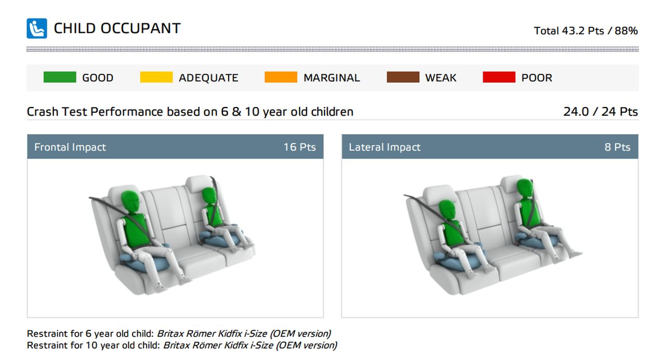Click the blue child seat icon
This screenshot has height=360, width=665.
tap(37, 29)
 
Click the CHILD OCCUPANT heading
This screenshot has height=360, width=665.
tap(117, 29)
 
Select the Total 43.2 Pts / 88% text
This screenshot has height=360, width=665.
tap(586, 31)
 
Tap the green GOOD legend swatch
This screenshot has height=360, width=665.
tap(60, 77)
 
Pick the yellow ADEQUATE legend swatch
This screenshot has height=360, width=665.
tap(156, 77)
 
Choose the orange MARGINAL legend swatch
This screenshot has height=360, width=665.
tap(281, 77)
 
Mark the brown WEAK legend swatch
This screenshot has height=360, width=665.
tap(403, 77)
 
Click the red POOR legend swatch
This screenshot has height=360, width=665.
tap(499, 77)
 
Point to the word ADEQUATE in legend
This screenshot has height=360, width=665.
tap(208, 78)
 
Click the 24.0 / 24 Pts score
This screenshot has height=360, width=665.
tap(600, 112)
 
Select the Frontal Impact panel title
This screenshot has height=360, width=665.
tap(70, 147)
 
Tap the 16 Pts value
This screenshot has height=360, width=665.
tap(300, 147)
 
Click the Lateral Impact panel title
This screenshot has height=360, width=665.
tap(384, 147)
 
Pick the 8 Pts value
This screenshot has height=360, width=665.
tap(618, 147)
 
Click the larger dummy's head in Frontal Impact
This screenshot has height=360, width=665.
tap(130, 202)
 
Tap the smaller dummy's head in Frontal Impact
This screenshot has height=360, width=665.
tap(209, 196)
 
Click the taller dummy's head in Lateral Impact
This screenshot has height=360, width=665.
tap(525, 190)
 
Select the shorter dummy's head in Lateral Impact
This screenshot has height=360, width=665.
tap(447, 210)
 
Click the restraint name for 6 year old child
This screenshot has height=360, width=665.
tap(244, 334)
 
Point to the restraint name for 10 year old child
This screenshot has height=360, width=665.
tap(250, 345)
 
